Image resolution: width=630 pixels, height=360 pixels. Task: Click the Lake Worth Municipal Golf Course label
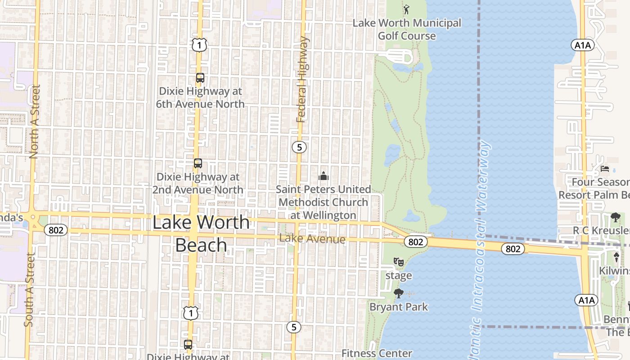406,29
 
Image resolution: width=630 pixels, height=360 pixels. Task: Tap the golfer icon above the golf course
406,9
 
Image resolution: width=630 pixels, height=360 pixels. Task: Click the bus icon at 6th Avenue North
200,78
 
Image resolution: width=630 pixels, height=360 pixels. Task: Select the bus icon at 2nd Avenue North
198,163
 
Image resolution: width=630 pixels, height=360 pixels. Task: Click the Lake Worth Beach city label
201,234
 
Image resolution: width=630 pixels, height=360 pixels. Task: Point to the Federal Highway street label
302,80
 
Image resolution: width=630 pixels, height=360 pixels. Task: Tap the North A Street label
34,121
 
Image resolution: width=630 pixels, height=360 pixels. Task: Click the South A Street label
29,289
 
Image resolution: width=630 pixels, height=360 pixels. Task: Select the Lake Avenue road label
312,239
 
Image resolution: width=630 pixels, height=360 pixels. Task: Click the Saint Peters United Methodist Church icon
324,176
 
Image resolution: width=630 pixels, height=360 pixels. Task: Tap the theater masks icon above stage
398,262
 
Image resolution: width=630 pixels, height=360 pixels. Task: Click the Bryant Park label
399,307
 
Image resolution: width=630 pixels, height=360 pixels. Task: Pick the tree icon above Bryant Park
398,294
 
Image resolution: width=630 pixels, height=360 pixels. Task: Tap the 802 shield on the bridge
513,249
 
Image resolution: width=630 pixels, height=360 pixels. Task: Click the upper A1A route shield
583,45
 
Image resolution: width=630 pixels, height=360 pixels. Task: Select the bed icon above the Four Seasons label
605,169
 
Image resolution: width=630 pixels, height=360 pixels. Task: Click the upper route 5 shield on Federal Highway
299,147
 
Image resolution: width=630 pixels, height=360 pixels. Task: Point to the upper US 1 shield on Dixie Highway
199,45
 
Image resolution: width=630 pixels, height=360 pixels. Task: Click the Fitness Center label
377,354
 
